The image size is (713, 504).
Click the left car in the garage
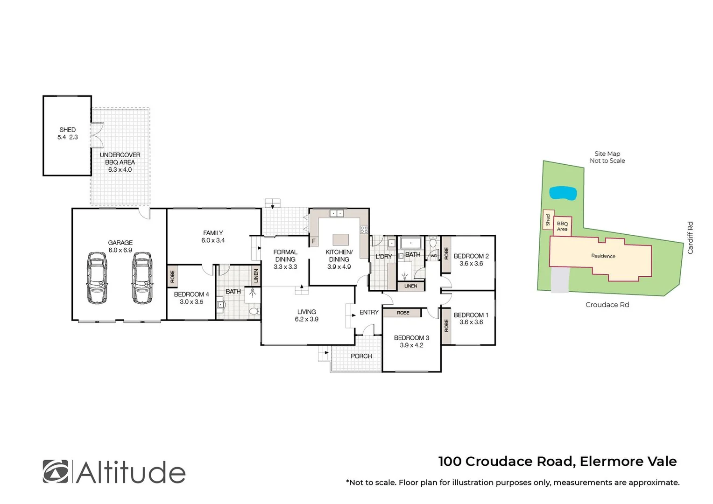pyautogui.click(x=97, y=278)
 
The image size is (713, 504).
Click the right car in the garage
pyautogui.click(x=142, y=278)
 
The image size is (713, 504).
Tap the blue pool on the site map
pyautogui.click(x=562, y=193)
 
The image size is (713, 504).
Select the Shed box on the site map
pyautogui.click(x=548, y=220)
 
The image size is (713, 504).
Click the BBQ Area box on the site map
pyautogui.click(x=562, y=226)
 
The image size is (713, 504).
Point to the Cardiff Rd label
pyautogui.click(x=690, y=238)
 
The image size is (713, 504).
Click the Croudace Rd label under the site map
pyautogui.click(x=607, y=305)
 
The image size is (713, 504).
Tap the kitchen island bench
pyautogui.click(x=340, y=240)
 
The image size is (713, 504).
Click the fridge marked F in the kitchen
pyautogui.click(x=314, y=241)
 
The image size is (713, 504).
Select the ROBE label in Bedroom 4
pyautogui.click(x=172, y=276)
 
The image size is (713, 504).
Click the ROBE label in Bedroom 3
pyautogui.click(x=403, y=313)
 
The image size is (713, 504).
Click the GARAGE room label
pyautogui.click(x=120, y=243)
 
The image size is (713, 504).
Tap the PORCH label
pyautogui.click(x=361, y=356)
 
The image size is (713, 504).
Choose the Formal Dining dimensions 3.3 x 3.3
pyautogui.click(x=285, y=267)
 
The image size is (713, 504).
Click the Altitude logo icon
pyautogui.click(x=55, y=471)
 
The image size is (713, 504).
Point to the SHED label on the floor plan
pyautogui.click(x=67, y=130)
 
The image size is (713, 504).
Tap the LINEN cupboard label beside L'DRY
pyautogui.click(x=411, y=286)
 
